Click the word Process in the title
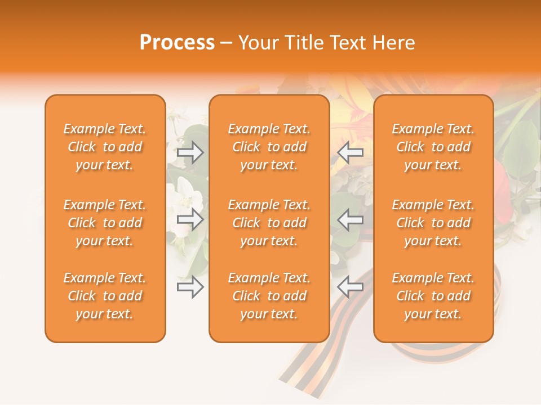coord(177,43)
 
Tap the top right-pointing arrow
coord(190,152)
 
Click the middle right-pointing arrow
coord(190,220)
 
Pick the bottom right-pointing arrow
coord(190,287)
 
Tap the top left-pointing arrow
coord(350,152)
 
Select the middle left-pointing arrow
coord(350,220)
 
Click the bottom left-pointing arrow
coord(350,287)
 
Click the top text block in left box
coord(105,147)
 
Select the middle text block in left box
coord(105,223)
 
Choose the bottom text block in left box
coord(105,296)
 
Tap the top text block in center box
coord(269,147)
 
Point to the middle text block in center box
coord(269,223)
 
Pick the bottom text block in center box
coord(269,296)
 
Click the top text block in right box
coord(433,147)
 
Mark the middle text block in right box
coord(433,223)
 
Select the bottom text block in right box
coord(433,296)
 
